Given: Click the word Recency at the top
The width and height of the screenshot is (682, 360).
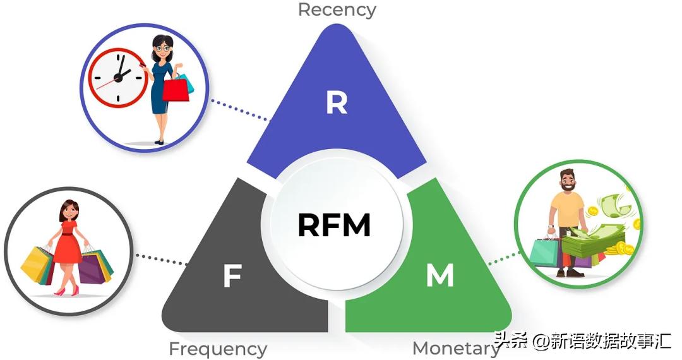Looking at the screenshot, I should point(337,9).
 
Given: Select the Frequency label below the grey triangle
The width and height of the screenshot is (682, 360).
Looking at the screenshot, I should point(218,349).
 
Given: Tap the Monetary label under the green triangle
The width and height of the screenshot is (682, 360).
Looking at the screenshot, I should point(455,348).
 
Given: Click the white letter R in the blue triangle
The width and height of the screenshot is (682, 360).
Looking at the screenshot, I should point(337,103).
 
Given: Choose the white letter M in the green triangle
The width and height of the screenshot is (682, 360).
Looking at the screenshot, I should point(440,276).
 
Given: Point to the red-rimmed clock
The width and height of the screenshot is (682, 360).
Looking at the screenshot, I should point(117,76).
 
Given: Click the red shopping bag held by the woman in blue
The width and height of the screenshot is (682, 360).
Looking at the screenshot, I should point(176,89).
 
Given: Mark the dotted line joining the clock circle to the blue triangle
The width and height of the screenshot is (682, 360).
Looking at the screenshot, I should point(240,111).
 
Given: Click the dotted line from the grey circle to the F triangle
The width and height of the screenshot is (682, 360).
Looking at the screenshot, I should point(162,260).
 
